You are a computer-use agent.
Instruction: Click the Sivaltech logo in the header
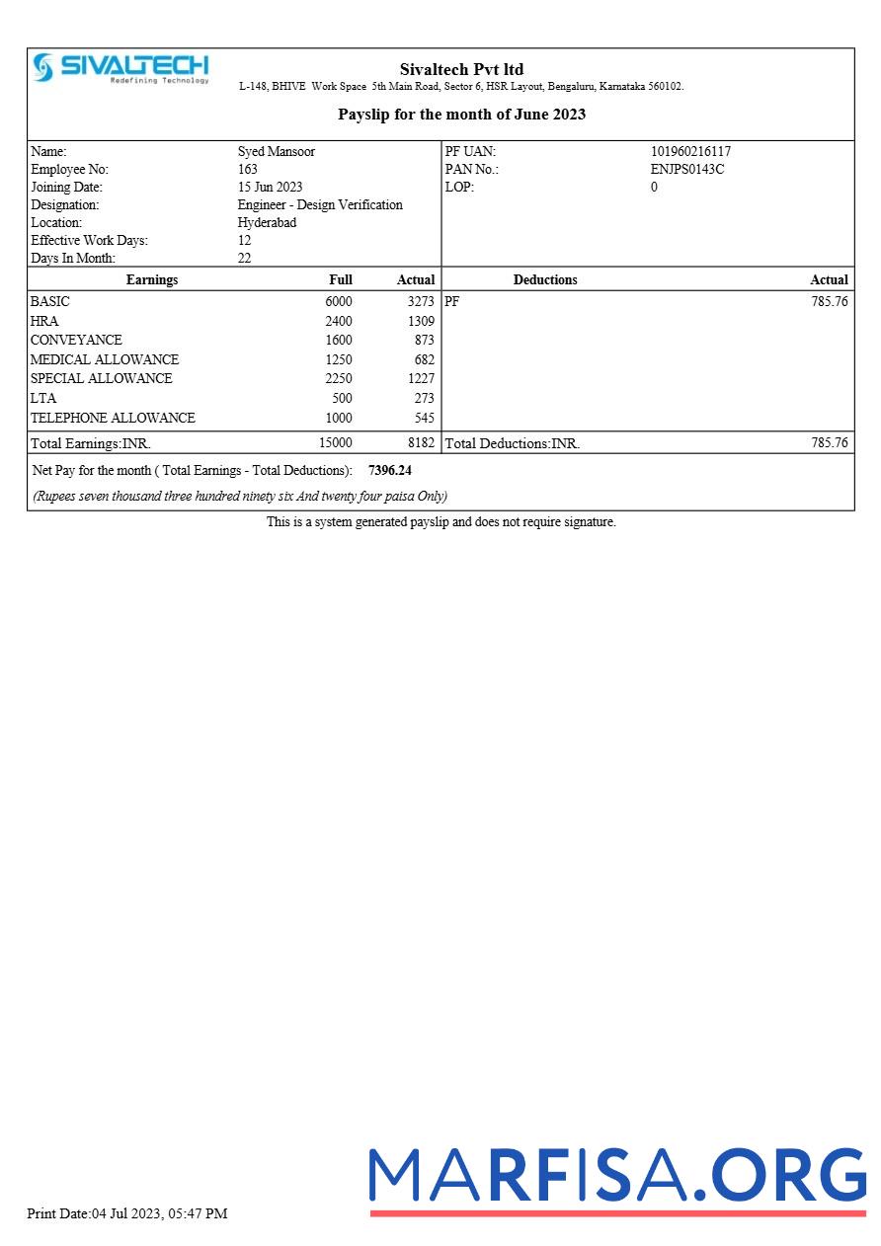pyautogui.click(x=120, y=68)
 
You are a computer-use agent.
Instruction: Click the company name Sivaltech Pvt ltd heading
pyautogui.click(x=461, y=69)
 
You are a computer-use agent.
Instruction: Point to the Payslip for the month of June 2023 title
pyautogui.click(x=461, y=115)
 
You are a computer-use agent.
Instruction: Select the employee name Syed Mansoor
pyautogui.click(x=276, y=152)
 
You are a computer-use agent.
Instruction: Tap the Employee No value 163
pyautogui.click(x=248, y=170)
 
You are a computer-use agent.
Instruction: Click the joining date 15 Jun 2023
pyautogui.click(x=270, y=188)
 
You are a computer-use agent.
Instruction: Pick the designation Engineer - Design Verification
pyautogui.click(x=320, y=205)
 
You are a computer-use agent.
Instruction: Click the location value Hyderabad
pyautogui.click(x=267, y=223)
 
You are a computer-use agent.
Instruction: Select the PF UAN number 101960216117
pyautogui.click(x=690, y=152)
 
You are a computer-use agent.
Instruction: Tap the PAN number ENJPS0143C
pyautogui.click(x=686, y=170)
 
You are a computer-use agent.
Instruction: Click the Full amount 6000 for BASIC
pyautogui.click(x=338, y=302)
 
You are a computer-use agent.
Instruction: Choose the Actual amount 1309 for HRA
pyautogui.click(x=421, y=322)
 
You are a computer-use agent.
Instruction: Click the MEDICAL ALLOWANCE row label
pyautogui.click(x=105, y=360)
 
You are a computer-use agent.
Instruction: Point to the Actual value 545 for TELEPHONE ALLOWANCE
pyautogui.click(x=424, y=419)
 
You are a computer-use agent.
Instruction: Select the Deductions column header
pyautogui.click(x=545, y=280)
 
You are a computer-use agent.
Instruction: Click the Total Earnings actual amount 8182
pyautogui.click(x=421, y=443)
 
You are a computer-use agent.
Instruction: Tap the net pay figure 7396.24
pyautogui.click(x=389, y=471)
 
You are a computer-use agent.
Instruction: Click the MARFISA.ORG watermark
pyautogui.click(x=617, y=1178)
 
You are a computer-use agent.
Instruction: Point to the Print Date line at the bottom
pyautogui.click(x=127, y=1213)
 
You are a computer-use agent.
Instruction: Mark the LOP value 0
pyautogui.click(x=654, y=188)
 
